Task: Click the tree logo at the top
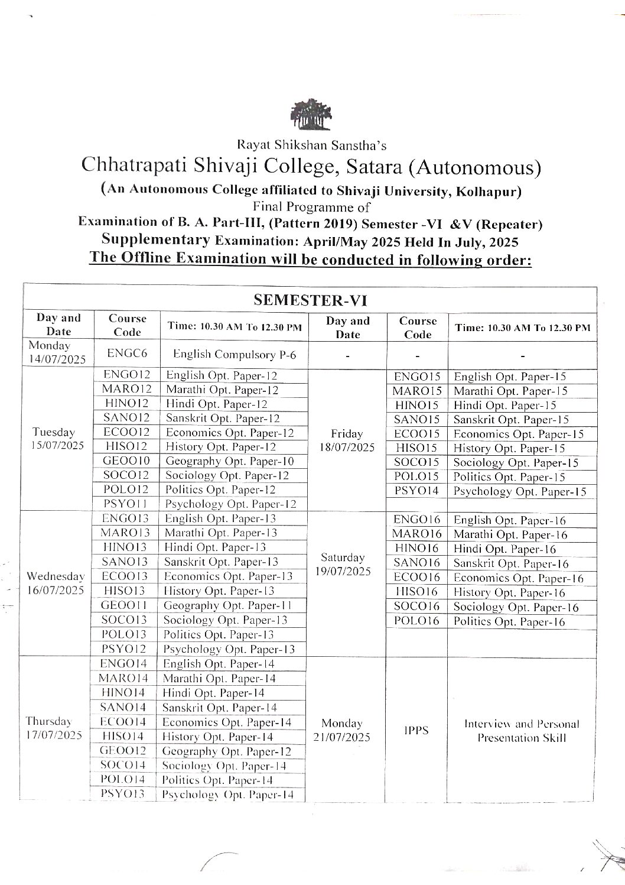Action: coord(311,113)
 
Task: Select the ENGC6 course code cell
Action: coord(123,353)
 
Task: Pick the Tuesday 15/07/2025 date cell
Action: coord(55,439)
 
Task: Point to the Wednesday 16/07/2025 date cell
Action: coord(55,583)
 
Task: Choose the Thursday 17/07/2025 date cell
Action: coord(55,728)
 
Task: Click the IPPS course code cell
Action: coord(417,730)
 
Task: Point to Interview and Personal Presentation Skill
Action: coord(522,731)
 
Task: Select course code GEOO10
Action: coord(123,461)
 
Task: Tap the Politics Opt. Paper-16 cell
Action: coord(509,621)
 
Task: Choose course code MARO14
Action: coord(123,678)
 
